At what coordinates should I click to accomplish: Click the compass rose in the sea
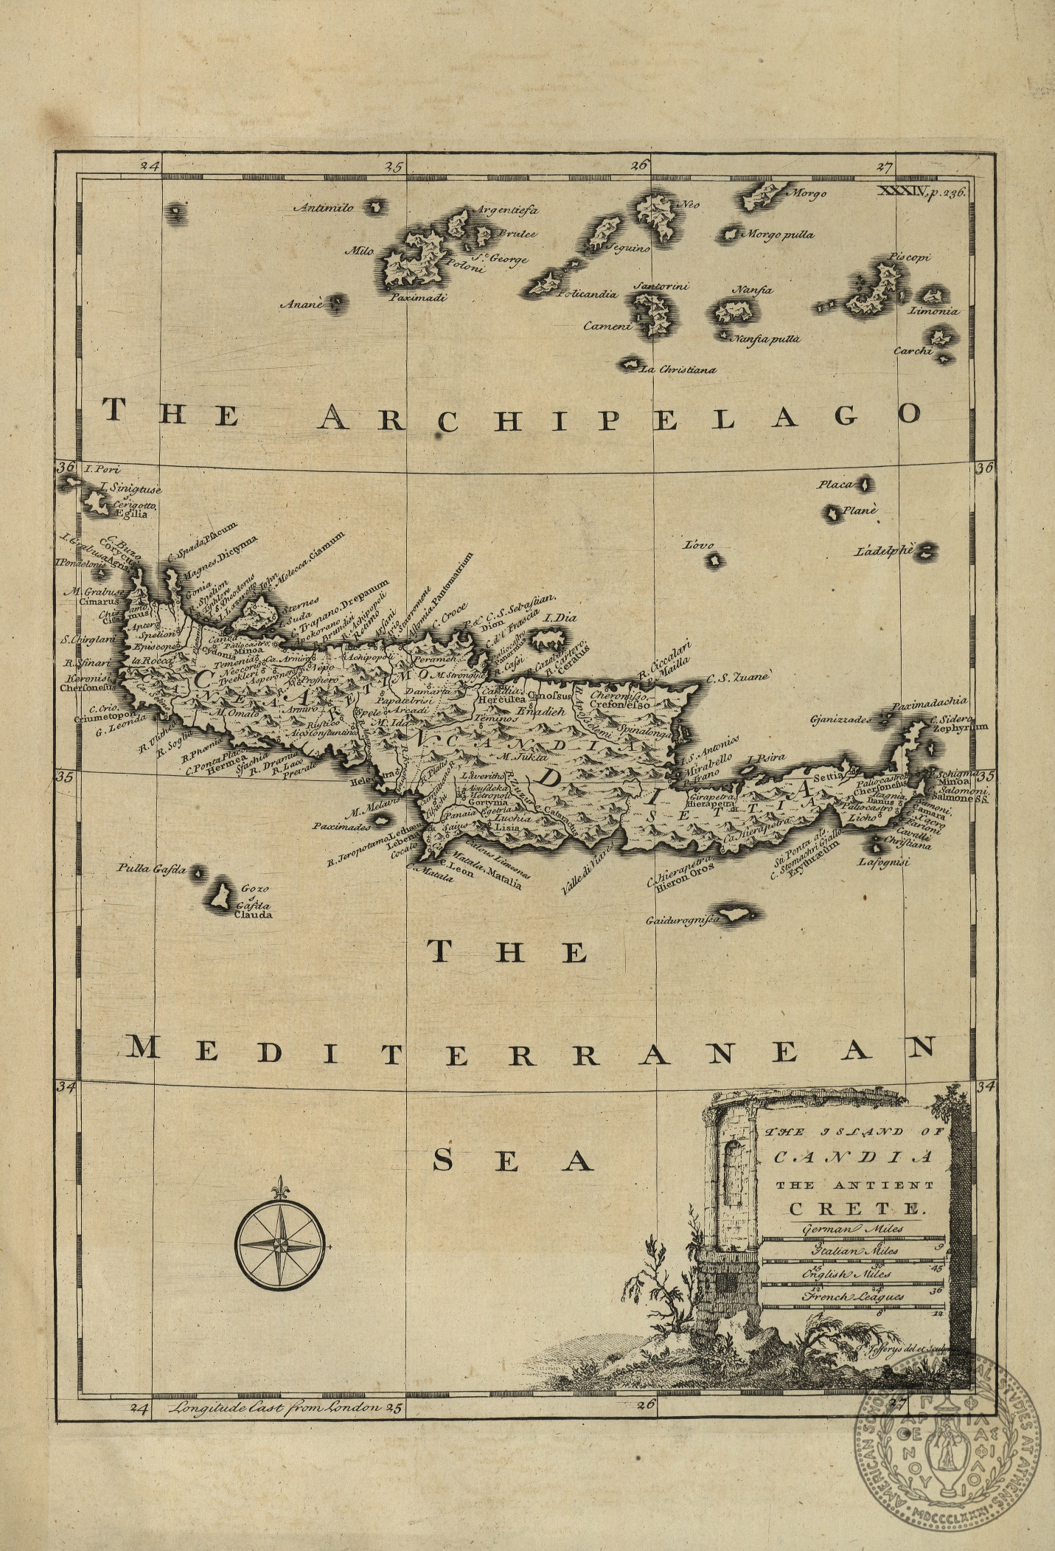(x=281, y=1244)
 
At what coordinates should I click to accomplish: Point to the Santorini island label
(x=661, y=285)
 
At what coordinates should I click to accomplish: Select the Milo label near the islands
(x=360, y=251)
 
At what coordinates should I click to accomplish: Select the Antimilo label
(x=324, y=207)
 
